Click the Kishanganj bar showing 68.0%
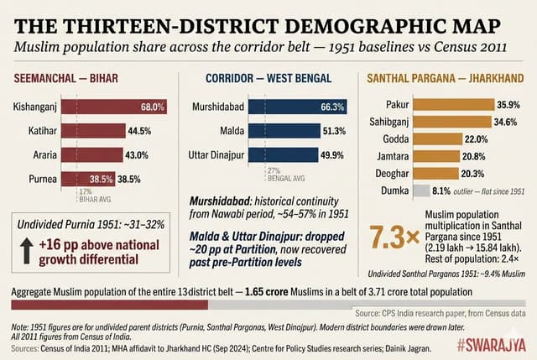click(x=109, y=107)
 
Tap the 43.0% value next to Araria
click(x=138, y=155)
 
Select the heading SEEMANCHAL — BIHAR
click(x=66, y=79)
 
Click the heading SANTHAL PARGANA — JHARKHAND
click(x=445, y=79)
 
